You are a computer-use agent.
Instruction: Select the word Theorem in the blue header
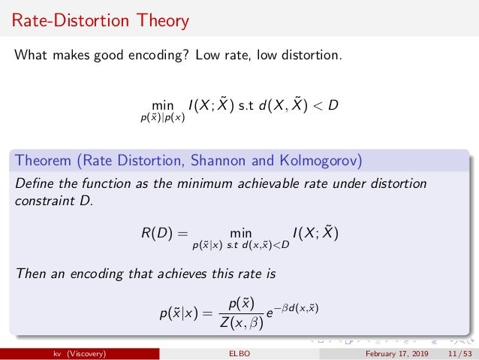46,161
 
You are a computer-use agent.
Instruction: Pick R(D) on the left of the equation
158,234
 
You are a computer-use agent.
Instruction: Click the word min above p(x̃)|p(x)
162,106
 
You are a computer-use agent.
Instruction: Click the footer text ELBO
239,354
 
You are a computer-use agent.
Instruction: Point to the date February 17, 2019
397,354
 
